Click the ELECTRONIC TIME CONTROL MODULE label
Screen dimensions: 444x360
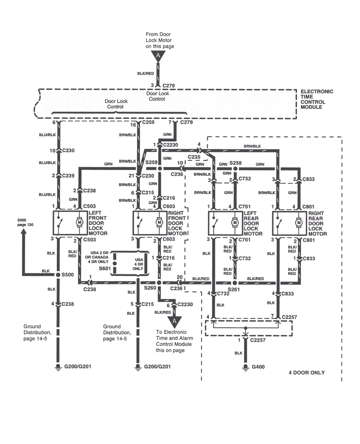click(x=317, y=99)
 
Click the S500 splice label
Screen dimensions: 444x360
click(x=68, y=275)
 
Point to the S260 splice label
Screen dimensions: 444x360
click(x=150, y=288)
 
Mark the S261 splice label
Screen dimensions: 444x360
click(x=234, y=289)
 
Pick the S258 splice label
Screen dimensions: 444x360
click(x=235, y=163)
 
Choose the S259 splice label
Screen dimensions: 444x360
click(x=152, y=162)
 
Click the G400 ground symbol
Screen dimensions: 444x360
click(x=246, y=367)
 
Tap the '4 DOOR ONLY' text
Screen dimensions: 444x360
click(x=306, y=372)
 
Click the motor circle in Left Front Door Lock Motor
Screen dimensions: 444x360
click(x=80, y=223)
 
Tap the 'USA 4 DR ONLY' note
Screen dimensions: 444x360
click(x=138, y=264)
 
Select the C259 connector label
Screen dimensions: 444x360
click(x=148, y=122)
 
